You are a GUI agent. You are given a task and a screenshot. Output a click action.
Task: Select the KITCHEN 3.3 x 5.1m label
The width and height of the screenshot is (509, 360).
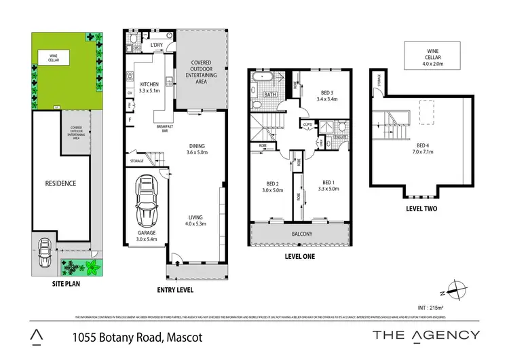pyautogui.click(x=148, y=86)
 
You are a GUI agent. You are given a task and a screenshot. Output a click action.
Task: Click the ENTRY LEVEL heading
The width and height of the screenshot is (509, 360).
pyautogui.click(x=175, y=289)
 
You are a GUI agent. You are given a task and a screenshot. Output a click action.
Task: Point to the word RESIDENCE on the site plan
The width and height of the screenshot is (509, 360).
pyautogui.click(x=60, y=183)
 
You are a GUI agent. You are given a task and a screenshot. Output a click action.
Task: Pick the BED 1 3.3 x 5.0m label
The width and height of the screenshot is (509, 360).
pyautogui.click(x=328, y=186)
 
